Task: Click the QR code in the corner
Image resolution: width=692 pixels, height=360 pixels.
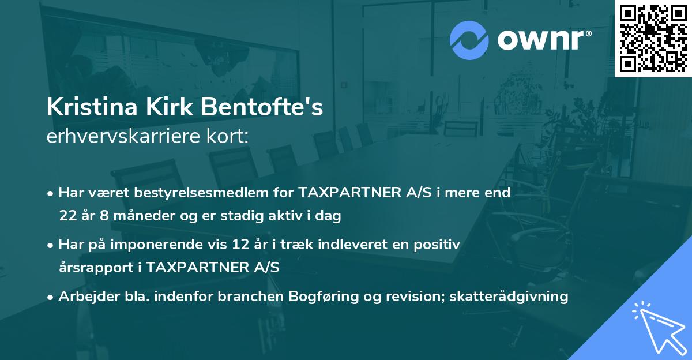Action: click(x=653, y=39)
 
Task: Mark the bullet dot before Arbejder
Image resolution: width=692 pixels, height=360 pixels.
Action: click(x=51, y=297)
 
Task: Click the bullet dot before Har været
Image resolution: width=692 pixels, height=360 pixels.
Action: click(x=51, y=193)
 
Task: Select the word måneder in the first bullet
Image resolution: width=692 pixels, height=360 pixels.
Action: click(x=138, y=216)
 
